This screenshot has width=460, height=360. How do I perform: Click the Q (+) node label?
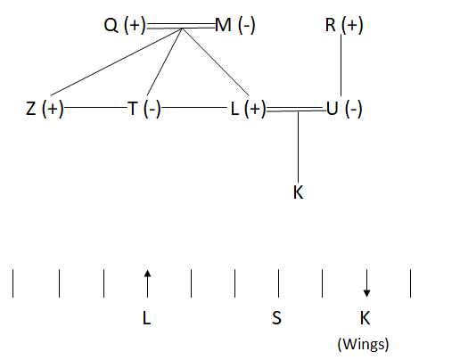[125, 25]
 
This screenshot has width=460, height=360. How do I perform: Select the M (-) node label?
[234, 25]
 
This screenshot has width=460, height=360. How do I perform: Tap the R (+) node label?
[344, 25]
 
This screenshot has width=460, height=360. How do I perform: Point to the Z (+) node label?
[45, 109]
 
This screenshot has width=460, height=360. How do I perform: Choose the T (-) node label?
[144, 109]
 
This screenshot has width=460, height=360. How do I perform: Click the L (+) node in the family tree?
[248, 109]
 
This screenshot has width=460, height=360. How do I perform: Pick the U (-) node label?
[344, 109]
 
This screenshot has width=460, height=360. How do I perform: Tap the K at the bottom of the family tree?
[298, 192]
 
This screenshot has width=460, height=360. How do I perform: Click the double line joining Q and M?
[181, 26]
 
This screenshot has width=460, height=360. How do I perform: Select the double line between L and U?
[296, 109]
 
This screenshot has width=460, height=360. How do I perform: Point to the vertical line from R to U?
[341, 65]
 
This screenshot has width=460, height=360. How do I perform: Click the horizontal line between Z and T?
[95, 107]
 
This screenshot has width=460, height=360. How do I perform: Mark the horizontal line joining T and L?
[194, 107]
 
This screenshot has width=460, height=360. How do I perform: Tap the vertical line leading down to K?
[299, 146]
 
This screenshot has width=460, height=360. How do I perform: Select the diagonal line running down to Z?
[116, 61]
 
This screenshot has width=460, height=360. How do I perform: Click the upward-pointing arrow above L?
[147, 283]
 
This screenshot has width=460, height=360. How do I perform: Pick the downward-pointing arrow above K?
[366, 283]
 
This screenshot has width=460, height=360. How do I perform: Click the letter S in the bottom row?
[276, 318]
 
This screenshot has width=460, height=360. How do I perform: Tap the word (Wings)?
[363, 344]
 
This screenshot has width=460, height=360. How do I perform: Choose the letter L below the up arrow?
[147, 318]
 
